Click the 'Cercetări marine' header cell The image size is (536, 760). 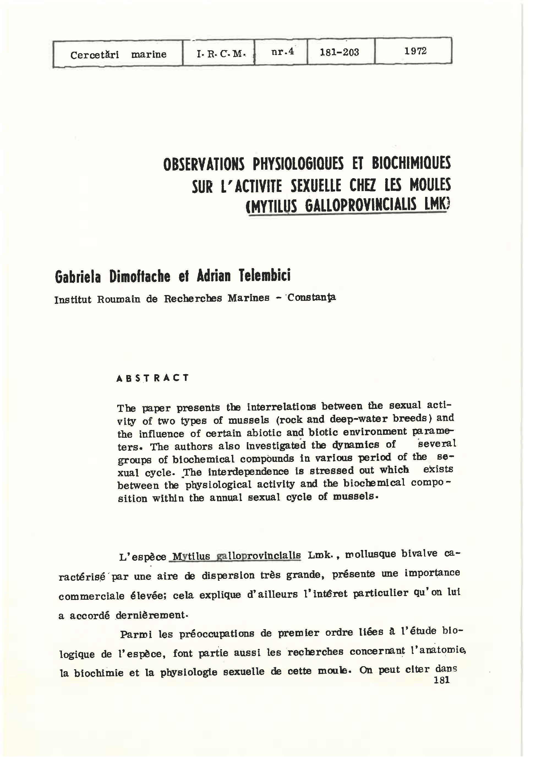tap(118, 54)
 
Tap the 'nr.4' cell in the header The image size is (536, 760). tap(282, 52)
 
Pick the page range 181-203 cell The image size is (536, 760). tap(339, 52)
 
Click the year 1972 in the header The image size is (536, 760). tap(415, 51)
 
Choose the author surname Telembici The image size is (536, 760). tap(265, 275)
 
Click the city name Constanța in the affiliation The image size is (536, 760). tap(311, 298)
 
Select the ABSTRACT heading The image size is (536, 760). tap(153, 378)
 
